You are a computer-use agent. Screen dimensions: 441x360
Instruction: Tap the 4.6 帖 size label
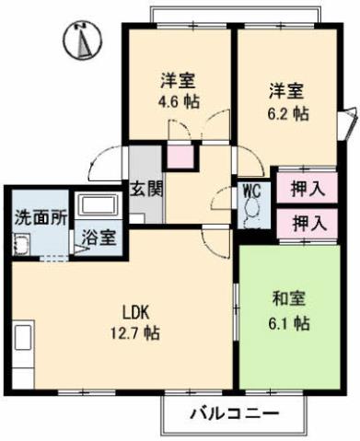point(180,101)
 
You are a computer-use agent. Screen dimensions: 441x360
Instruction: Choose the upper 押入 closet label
point(308,190)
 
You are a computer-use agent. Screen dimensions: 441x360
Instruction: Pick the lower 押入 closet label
point(308,222)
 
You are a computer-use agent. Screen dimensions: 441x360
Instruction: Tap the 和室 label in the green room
point(289,299)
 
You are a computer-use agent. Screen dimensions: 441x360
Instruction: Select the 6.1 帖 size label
point(289,323)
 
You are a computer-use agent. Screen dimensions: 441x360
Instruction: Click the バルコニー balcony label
point(233,412)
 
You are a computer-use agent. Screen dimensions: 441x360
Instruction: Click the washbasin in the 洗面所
point(21,245)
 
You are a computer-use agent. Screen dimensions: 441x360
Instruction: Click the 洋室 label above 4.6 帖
point(180,80)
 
